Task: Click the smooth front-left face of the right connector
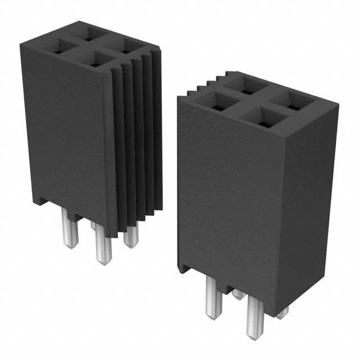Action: [x=225, y=191]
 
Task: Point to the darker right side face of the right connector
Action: [x=307, y=202]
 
